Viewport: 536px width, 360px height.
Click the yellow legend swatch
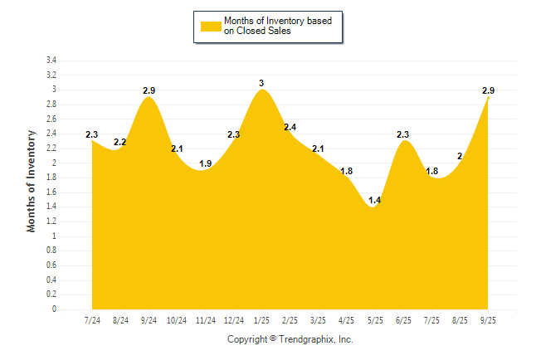coord(210,26)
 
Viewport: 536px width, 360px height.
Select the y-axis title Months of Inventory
coord(32,180)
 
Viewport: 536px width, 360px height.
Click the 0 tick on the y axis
coord(54,309)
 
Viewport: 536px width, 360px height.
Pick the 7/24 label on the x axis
coord(93,320)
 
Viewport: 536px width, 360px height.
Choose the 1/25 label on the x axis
coord(262,320)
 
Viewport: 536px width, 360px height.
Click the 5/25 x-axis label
coord(375,320)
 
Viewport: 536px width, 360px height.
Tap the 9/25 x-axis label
coord(488,320)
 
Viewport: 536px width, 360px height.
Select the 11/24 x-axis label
coord(206,320)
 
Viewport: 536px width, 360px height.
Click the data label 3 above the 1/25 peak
coord(261,83)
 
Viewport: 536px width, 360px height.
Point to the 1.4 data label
coord(375,201)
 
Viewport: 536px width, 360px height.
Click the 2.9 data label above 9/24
coord(149,90)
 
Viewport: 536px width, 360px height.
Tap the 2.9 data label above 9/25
coord(489,90)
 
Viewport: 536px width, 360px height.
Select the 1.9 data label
coord(206,163)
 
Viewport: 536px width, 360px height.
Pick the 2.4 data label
coord(290,127)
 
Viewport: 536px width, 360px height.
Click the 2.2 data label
coord(120,142)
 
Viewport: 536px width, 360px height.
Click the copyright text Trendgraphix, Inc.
coord(290,339)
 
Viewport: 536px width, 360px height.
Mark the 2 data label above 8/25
coord(460,156)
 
